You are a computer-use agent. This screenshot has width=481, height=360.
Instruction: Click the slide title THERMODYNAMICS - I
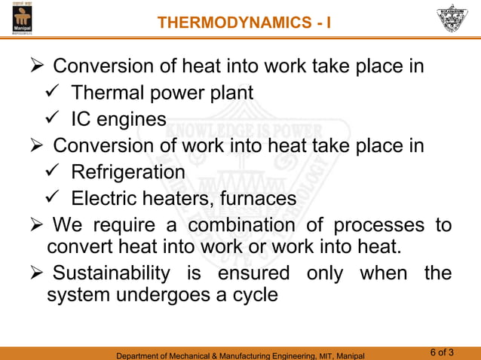[244, 23]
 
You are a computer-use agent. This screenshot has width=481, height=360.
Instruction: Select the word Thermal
[109, 93]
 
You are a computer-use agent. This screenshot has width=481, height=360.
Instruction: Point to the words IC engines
[119, 120]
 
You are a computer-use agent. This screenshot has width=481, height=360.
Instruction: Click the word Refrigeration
[128, 172]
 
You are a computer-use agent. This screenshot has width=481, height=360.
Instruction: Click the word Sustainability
[112, 273]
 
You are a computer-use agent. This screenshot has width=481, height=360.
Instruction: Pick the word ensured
[254, 273]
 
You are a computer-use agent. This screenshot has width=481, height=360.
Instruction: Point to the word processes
[375, 225]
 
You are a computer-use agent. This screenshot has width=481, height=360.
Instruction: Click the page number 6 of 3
[442, 352]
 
